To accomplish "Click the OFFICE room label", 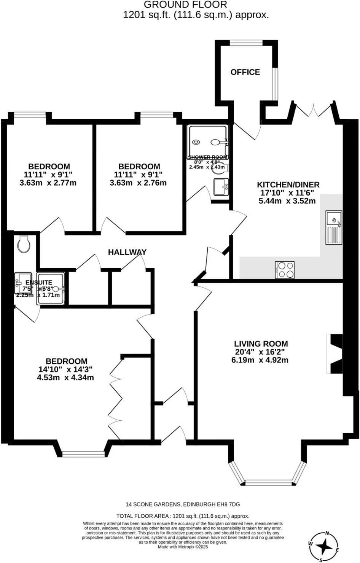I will coord(245,72).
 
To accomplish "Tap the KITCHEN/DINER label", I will coord(288,184).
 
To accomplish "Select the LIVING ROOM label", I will coord(261,344).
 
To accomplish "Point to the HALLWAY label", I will coord(127,252).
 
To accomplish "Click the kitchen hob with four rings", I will coord(285,270).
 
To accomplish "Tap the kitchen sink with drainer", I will coord(334,227).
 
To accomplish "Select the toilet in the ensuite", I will coord(24,244).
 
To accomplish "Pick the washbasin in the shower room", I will coord(221,187).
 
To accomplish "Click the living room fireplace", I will coord(335,354).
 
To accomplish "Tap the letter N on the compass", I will coord(327,533).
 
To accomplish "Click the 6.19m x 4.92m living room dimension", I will coord(260,360).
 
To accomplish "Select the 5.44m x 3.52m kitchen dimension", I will coord(287,201).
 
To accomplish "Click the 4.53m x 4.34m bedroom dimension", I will coord(65,377).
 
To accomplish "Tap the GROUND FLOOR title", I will coord(185,5).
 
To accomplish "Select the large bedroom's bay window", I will coord(83,453).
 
